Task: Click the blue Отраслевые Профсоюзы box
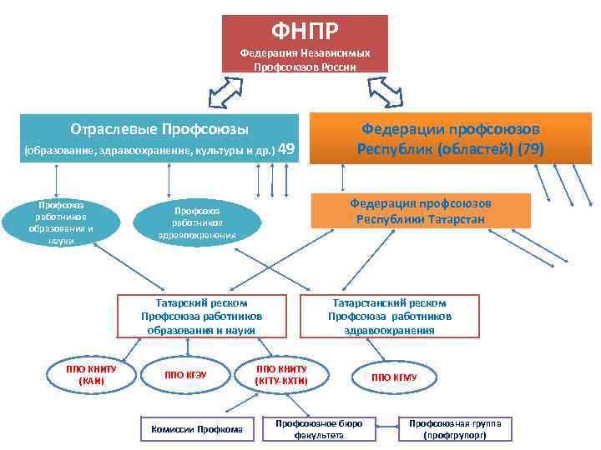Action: tap(159, 138)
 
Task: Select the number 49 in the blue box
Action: tap(286, 150)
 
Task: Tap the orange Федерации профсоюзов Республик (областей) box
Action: tap(451, 138)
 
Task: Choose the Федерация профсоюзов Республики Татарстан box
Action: tap(420, 211)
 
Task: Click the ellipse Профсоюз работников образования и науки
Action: tap(62, 222)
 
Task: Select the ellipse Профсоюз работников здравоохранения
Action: tap(197, 222)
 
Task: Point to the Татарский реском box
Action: tap(201, 316)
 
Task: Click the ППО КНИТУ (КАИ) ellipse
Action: tap(92, 374)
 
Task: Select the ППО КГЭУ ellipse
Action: tap(186, 375)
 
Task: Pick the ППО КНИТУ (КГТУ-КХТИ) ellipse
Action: tap(281, 375)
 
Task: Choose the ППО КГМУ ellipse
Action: tap(394, 377)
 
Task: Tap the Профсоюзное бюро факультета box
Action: tap(319, 428)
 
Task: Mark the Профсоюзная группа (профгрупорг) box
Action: tap(455, 428)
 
